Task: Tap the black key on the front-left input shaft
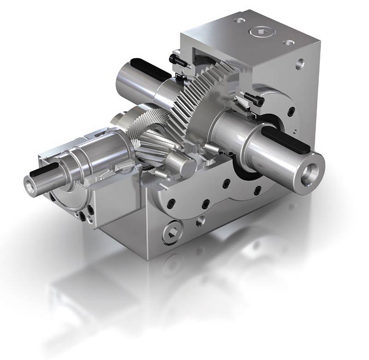click(42, 171)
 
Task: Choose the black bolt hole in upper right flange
click(291, 111)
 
